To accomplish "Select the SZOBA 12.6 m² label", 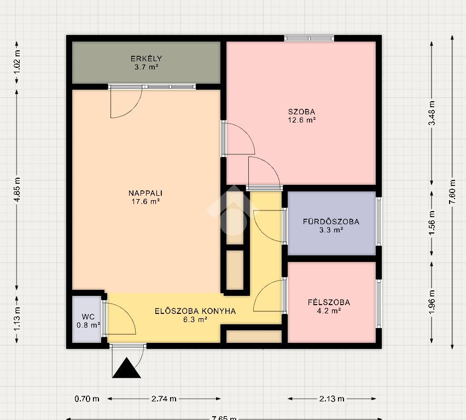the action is [x=302, y=116].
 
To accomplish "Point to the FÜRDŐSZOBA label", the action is [x=331, y=221].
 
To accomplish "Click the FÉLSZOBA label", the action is [x=329, y=302].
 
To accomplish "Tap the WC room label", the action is [x=88, y=317].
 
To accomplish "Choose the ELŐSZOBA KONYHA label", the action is [x=195, y=311].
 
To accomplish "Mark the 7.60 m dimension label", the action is [x=452, y=192].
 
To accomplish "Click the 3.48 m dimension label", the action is [x=432, y=113].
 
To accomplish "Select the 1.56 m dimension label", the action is [x=432, y=223].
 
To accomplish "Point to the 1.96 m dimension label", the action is [x=432, y=302].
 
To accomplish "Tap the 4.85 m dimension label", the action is [x=18, y=190].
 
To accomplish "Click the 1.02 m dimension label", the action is [x=18, y=62].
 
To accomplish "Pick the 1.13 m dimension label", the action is [x=18, y=318].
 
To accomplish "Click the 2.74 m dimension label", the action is [x=164, y=399].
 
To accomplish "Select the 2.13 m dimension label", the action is [x=331, y=399].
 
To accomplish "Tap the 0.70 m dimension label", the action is [x=87, y=399].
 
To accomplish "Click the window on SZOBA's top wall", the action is [x=309, y=38].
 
